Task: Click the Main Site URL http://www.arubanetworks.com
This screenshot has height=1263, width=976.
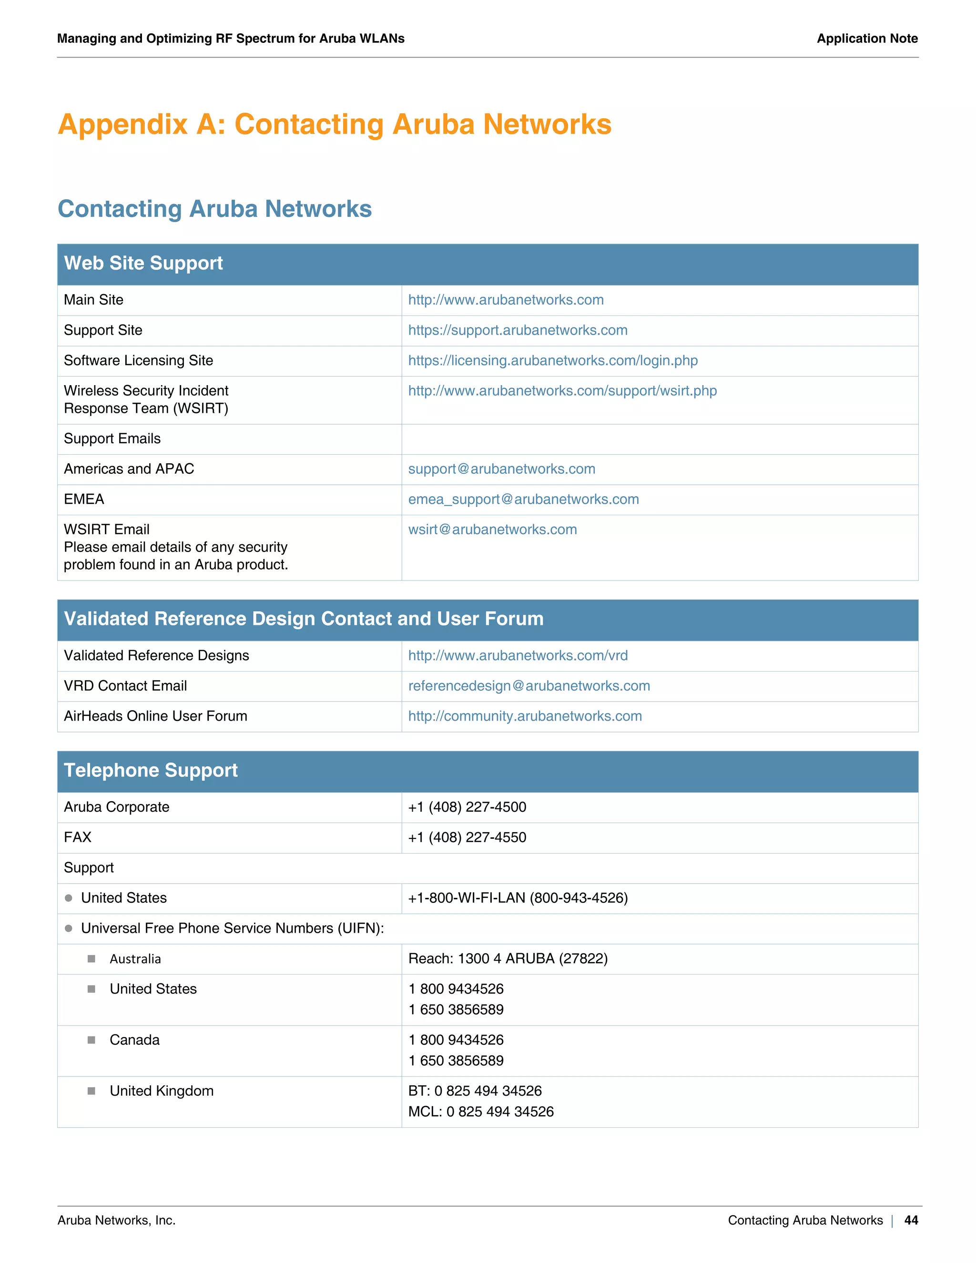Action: pos(506,300)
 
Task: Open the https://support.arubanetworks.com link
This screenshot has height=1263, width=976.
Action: pos(518,330)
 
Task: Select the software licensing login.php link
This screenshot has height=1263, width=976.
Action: pos(553,361)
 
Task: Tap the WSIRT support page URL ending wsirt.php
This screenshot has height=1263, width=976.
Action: pos(562,391)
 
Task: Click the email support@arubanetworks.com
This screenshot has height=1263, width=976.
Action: pos(501,469)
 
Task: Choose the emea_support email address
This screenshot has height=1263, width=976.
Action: pos(523,499)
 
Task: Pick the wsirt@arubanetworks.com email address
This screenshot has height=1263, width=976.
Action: pos(492,530)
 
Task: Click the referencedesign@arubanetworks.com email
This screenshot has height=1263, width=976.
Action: pos(529,686)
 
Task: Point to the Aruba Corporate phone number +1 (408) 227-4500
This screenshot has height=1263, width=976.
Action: pos(467,807)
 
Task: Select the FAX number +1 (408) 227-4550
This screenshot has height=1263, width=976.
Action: pos(467,837)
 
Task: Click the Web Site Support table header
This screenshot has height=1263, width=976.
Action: pos(143,264)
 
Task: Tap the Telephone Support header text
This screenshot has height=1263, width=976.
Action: pos(151,771)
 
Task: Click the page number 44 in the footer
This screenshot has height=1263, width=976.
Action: pos(911,1220)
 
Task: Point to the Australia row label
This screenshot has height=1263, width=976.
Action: pos(135,959)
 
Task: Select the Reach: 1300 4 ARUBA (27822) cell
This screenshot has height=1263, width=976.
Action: pos(508,959)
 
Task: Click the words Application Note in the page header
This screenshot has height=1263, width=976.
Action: pos(867,39)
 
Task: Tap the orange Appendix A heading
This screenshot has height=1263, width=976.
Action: pos(334,124)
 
